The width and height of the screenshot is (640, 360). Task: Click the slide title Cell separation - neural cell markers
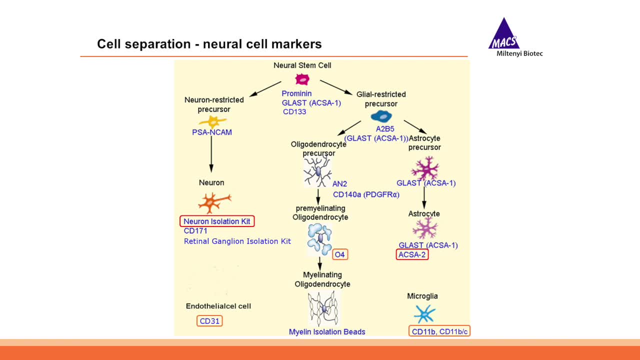click(209, 44)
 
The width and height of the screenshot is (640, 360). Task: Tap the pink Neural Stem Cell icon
click(302, 79)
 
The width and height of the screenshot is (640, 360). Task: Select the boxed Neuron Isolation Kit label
click(217, 221)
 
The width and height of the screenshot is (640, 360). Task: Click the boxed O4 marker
click(340, 254)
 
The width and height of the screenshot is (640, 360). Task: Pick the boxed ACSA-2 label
click(412, 255)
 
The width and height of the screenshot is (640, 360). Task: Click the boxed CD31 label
click(209, 321)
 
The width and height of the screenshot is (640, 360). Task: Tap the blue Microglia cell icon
click(424, 314)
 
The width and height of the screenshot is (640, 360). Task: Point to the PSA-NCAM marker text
click(212, 132)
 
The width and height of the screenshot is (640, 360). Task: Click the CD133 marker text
click(294, 111)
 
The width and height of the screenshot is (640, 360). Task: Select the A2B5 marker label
click(385, 128)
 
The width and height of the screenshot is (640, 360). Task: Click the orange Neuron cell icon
click(213, 202)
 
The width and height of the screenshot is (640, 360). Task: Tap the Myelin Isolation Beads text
click(327, 331)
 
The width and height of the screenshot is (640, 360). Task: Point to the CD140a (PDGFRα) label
click(366, 194)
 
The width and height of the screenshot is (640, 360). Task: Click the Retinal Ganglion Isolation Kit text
click(237, 241)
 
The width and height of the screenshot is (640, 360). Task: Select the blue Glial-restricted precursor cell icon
click(381, 116)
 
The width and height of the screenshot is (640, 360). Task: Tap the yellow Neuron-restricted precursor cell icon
click(212, 121)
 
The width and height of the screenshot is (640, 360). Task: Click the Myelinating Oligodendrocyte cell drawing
click(323, 308)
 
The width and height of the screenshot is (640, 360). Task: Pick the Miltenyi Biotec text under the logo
click(519, 53)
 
